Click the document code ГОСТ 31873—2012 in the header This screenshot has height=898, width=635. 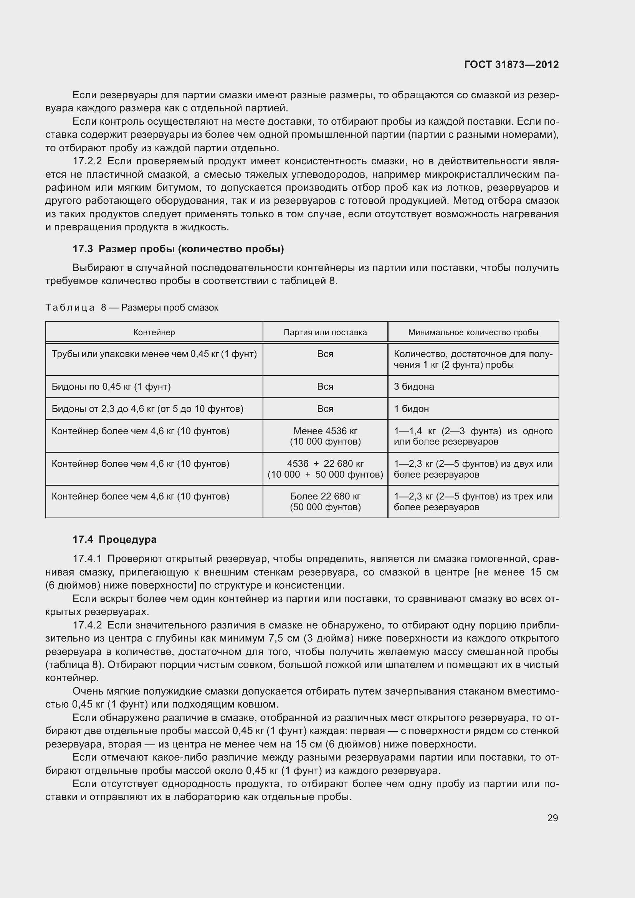coord(511,64)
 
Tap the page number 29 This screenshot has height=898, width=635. coord(552,818)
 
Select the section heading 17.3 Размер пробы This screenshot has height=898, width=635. coord(178,249)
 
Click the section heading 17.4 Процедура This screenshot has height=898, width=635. coord(114,539)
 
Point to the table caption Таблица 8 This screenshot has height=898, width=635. coord(132,308)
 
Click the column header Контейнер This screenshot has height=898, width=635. coord(154,332)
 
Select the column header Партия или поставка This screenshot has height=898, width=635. coord(325,332)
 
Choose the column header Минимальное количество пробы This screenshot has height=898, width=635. coord(473,332)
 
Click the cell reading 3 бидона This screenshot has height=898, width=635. coord(414,387)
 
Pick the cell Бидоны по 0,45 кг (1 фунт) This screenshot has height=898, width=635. coord(111,387)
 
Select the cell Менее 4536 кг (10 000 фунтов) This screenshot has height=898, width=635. coord(325,436)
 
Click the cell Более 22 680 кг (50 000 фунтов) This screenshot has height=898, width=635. coord(325,501)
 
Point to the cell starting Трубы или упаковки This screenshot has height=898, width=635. coord(154,354)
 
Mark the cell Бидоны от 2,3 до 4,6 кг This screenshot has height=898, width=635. coord(147,409)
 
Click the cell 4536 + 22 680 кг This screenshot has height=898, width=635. coord(325,469)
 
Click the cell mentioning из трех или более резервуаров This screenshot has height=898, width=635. coord(473,501)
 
